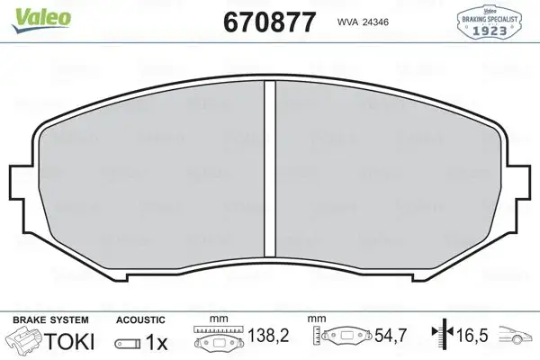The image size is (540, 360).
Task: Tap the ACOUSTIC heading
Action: pos(140,319)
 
